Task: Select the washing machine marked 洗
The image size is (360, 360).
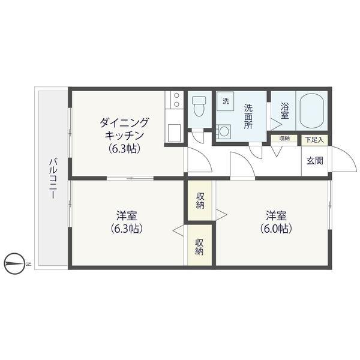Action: [226, 101]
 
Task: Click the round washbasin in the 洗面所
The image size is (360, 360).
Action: [225, 131]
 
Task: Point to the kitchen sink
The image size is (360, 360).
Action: [175, 131]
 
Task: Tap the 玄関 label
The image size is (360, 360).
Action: [314, 160]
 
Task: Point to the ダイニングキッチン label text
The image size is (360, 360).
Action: [124, 128]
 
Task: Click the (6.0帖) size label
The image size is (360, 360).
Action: [276, 229]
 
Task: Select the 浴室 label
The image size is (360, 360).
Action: [285, 110]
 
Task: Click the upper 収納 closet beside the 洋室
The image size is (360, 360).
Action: [200, 200]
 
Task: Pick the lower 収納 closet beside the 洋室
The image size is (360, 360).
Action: [200, 247]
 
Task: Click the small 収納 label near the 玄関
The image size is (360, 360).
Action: [284, 139]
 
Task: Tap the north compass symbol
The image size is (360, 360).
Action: [17, 263]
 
